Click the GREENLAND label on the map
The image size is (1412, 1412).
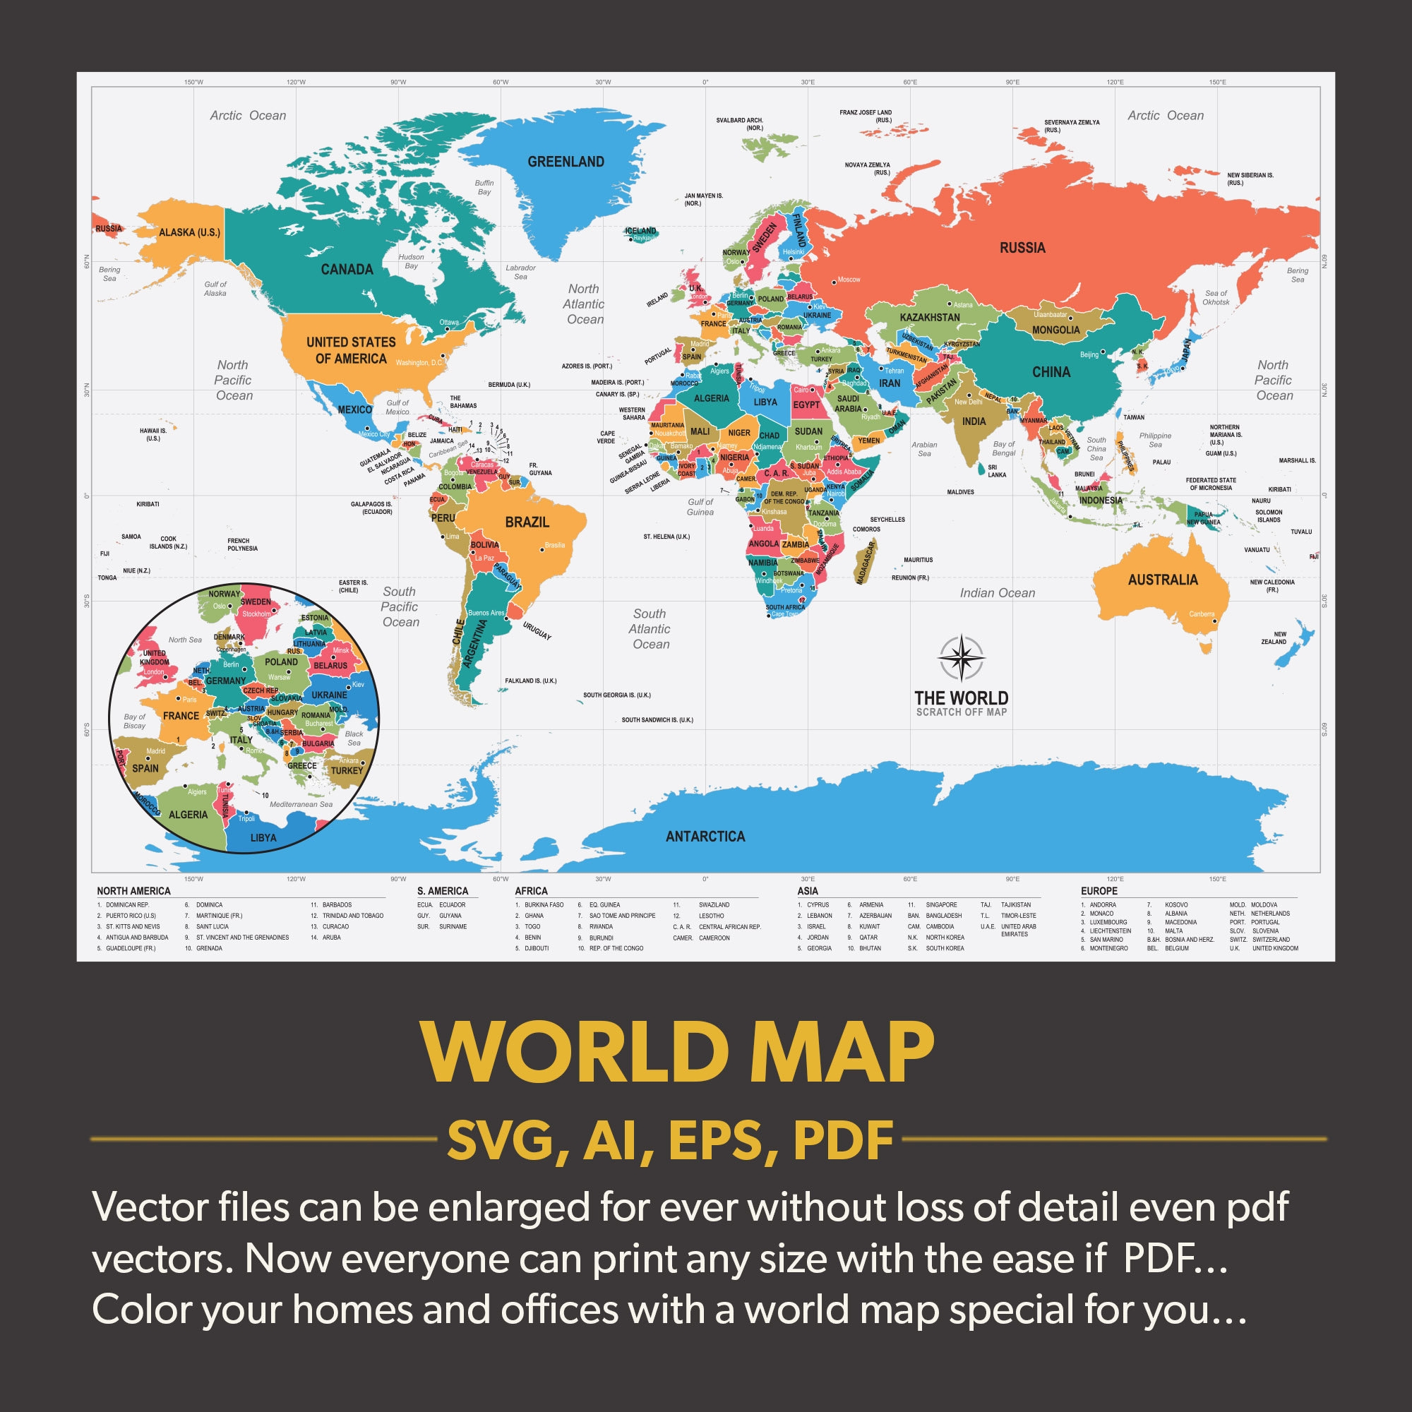(566, 162)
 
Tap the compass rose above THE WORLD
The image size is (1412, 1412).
(961, 658)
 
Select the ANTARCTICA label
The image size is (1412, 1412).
(705, 836)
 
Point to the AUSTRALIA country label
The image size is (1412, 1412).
(1163, 580)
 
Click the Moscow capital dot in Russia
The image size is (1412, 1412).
(834, 282)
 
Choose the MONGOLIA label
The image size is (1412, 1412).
(1055, 330)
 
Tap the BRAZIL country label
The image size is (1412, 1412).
(527, 522)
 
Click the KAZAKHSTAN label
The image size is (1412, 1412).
(930, 317)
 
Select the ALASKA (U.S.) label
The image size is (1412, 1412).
(189, 232)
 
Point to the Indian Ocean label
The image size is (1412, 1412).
(997, 593)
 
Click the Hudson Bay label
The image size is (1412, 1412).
(411, 261)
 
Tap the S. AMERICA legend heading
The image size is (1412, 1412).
(442, 891)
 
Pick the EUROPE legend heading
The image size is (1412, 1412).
(1099, 891)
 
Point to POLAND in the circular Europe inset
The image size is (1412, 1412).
(282, 662)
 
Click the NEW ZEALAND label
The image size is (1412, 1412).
(1273, 638)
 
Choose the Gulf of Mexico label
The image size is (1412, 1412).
(397, 407)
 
